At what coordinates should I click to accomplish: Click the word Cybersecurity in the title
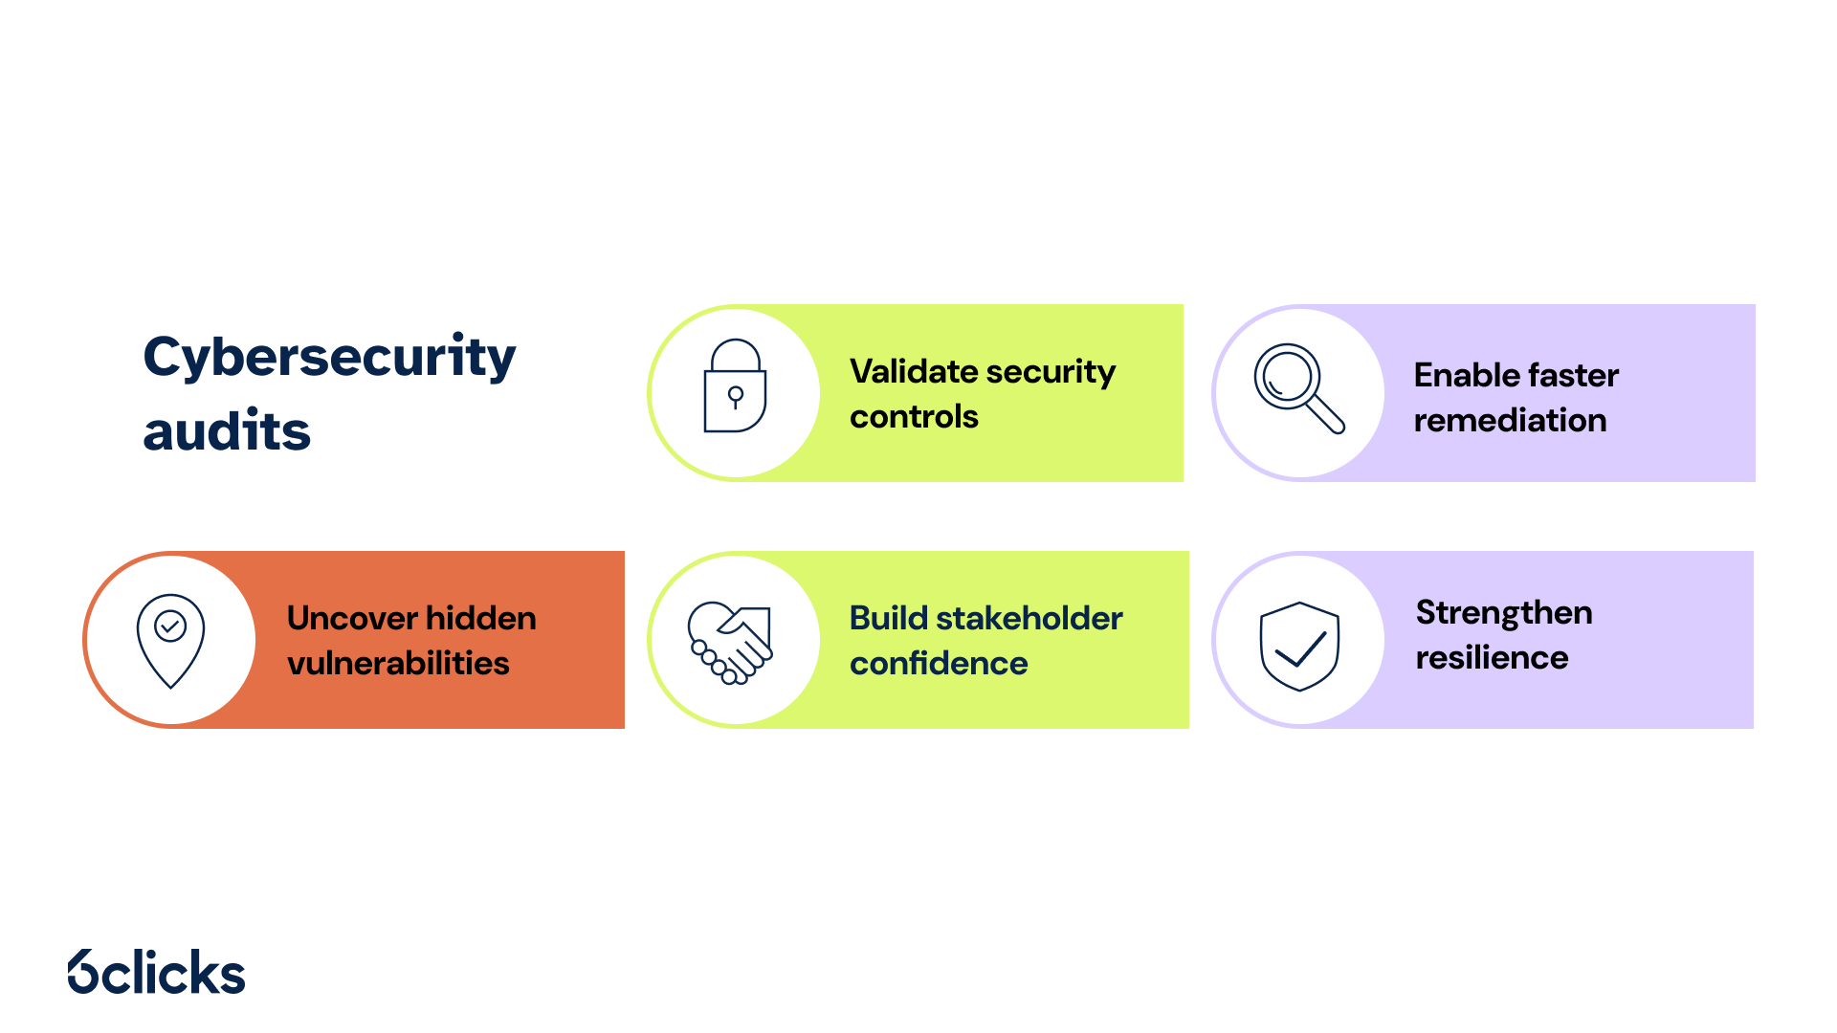(x=329, y=358)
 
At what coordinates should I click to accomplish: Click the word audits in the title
(x=227, y=430)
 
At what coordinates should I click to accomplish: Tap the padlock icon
(x=735, y=385)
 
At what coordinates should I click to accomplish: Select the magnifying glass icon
(x=1299, y=388)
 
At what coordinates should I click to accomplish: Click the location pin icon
(x=170, y=640)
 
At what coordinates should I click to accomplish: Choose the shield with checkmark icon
(x=1299, y=647)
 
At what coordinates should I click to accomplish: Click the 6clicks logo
(x=157, y=972)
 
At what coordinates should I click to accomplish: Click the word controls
(x=914, y=417)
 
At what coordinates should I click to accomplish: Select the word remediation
(x=1510, y=421)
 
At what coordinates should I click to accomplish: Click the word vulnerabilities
(x=398, y=663)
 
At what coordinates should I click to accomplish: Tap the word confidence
(x=939, y=663)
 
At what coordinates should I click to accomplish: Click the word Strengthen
(x=1504, y=613)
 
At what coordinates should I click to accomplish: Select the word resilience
(x=1492, y=657)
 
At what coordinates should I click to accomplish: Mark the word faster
(x=1574, y=375)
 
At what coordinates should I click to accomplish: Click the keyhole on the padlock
(x=735, y=397)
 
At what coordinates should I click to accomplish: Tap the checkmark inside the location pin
(x=170, y=626)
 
